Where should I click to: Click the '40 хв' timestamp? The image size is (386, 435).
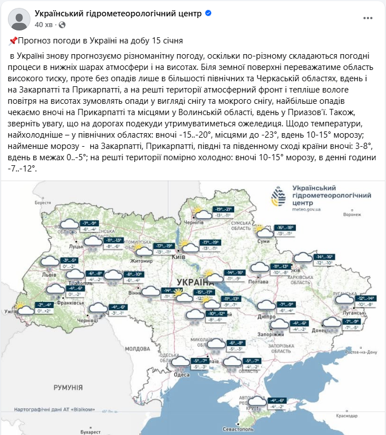tap(44, 25)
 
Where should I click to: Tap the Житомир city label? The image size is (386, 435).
tap(142, 261)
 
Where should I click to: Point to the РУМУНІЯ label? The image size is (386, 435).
tap(68, 388)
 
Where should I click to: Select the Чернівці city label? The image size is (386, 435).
tap(87, 320)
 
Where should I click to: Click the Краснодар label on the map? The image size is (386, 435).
tap(346, 415)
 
